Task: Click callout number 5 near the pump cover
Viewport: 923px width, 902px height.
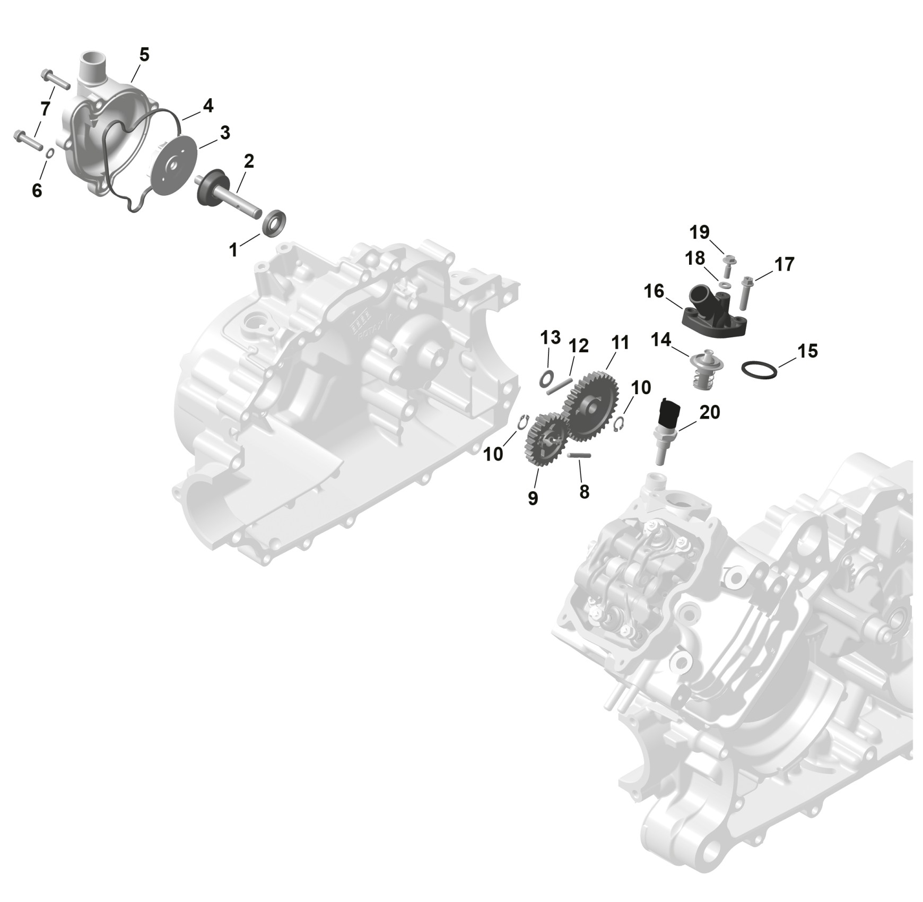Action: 144,55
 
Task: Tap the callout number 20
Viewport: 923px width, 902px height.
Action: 710,412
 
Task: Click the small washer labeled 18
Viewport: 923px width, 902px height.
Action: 725,285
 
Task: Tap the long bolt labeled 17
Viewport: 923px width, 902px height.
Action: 745,292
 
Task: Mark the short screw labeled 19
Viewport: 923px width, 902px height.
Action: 728,266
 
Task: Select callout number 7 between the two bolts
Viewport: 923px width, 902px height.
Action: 45,109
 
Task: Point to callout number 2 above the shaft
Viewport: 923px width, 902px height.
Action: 248,161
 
